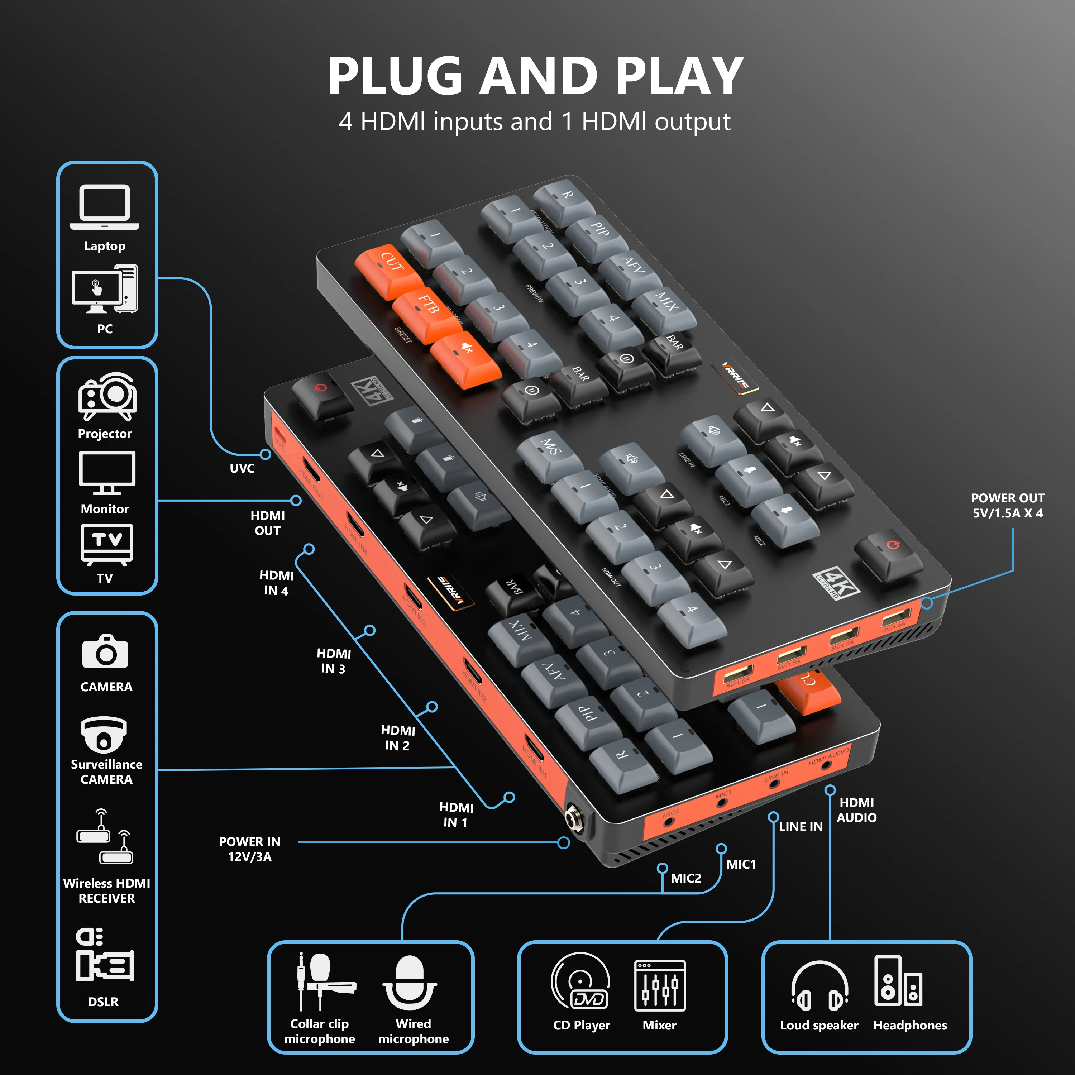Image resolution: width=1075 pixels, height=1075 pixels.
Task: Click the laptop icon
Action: pos(105,207)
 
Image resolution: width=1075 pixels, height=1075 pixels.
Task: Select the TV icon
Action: pos(107,544)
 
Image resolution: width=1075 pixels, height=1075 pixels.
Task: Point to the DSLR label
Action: pos(104,1002)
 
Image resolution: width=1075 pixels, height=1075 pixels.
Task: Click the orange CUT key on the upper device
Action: pos(390,267)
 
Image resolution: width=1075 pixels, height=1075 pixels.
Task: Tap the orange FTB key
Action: pos(427,310)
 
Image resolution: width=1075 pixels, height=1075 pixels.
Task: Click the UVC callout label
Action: pos(242,468)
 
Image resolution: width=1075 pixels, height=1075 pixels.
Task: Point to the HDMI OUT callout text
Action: pos(268,523)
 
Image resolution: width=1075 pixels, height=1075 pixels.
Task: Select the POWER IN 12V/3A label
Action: pos(249,849)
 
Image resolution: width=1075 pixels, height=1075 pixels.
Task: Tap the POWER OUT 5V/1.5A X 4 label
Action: pos(1008,505)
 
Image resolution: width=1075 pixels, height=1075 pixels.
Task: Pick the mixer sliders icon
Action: pos(660,985)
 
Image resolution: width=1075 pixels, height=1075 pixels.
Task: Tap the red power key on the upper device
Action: pos(889,551)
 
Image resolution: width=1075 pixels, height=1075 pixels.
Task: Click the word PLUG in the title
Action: pos(395,77)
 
